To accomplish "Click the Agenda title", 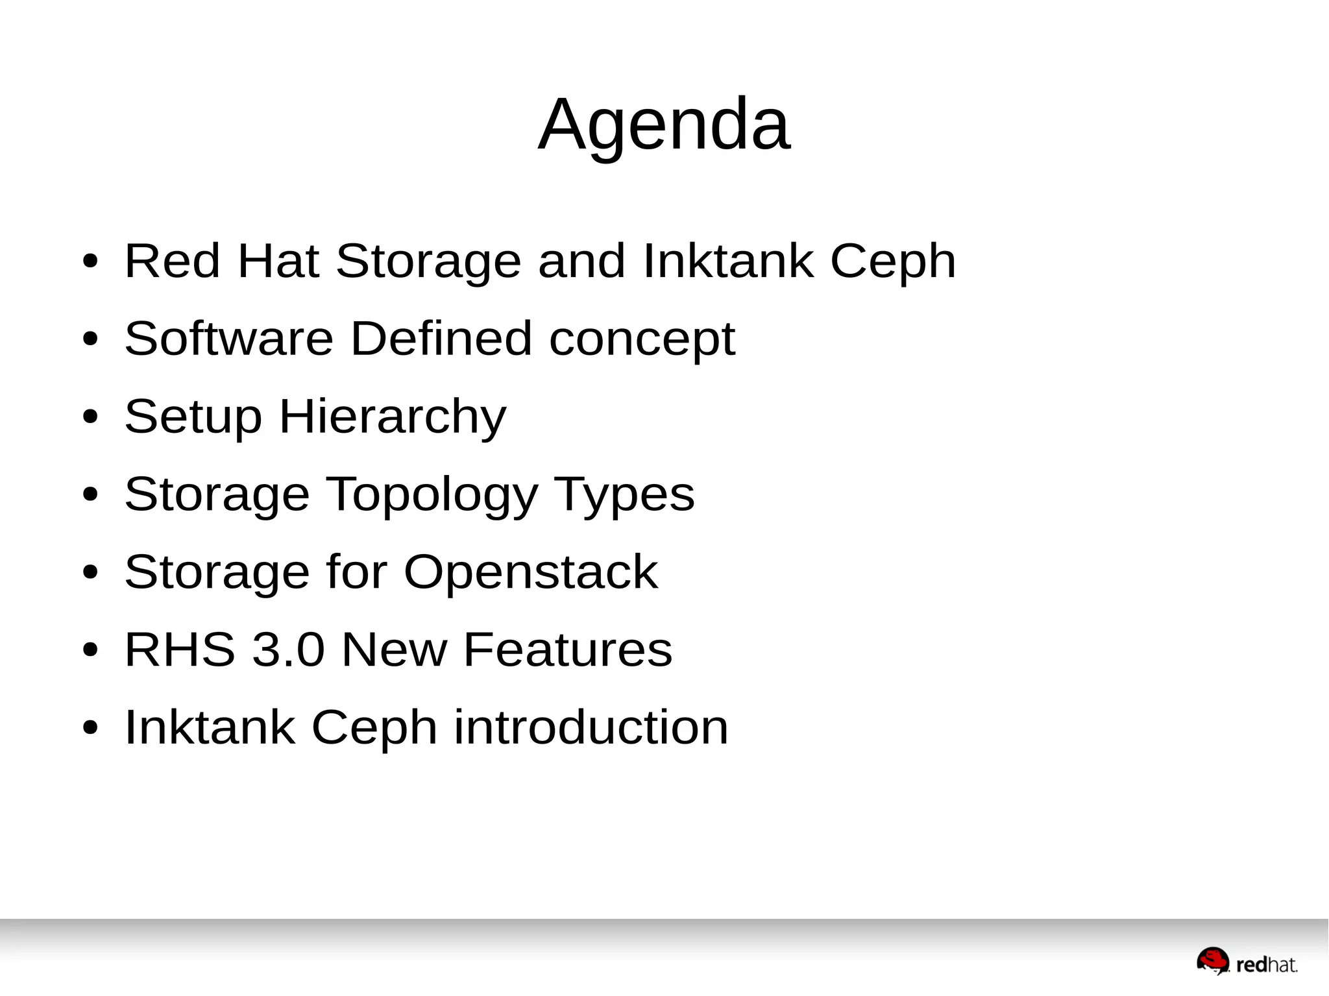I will (664, 125).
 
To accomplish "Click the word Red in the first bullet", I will (172, 261).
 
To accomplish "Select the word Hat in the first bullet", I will (278, 261).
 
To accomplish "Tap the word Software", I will (228, 339).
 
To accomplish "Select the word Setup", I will (193, 417).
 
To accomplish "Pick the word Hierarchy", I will (393, 417).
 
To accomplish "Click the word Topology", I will (431, 495).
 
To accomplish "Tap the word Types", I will (624, 495).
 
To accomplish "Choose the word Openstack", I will (530, 573).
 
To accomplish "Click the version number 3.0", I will (287, 650).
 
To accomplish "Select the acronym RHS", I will (180, 650).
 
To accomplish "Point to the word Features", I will (568, 650).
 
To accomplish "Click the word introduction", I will (591, 727).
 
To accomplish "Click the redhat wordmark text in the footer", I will (1267, 966).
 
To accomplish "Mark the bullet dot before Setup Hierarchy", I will (90, 417).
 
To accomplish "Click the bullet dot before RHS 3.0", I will (90, 650).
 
